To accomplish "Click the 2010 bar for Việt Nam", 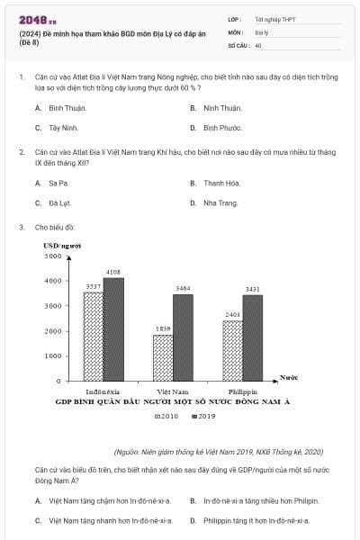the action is (164, 357).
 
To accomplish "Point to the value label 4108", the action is (113, 272).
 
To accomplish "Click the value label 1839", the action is (163, 328).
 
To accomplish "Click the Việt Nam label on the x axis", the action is (173, 392).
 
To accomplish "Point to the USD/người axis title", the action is (62, 245).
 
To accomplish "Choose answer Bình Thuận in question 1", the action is (67, 108).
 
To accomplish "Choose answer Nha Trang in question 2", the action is (220, 203).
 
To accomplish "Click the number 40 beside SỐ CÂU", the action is (258, 44).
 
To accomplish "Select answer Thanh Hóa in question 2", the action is (221, 183).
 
